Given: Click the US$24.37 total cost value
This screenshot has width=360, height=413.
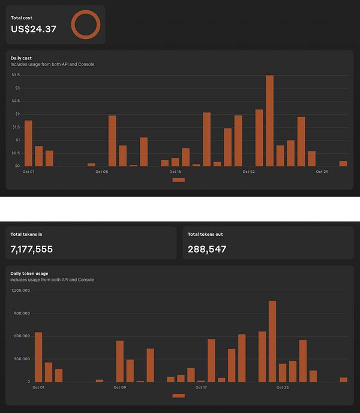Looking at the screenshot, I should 34,28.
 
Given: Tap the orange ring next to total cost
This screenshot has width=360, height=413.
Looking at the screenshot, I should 85,25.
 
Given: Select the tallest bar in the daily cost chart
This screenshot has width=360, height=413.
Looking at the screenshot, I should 269,120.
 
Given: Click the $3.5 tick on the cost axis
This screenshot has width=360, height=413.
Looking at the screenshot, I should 16,75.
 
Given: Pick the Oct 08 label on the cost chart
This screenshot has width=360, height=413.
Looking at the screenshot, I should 101,172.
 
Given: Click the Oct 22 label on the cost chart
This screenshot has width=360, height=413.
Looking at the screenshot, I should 249,172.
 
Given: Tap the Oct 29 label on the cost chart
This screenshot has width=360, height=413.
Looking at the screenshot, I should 322,172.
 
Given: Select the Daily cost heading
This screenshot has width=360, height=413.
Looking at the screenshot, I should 21,58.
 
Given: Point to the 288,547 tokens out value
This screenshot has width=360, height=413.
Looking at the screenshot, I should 207,249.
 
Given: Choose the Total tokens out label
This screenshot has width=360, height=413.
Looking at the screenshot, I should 205,234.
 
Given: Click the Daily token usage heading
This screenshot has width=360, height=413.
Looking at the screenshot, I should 29,274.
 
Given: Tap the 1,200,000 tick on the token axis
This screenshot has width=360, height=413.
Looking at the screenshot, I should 20,291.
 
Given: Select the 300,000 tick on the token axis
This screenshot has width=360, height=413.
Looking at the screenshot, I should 22,359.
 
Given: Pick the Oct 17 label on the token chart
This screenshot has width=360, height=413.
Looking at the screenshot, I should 201,387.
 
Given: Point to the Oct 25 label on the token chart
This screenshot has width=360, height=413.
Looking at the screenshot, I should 283,387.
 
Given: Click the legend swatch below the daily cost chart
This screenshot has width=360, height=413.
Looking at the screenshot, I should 178,179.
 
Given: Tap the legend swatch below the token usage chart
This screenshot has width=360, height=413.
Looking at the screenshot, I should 178,396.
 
